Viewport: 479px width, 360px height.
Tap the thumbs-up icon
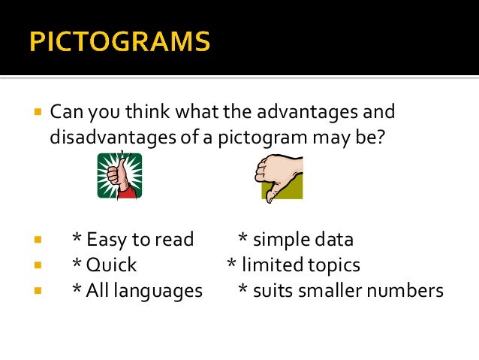[x=119, y=175]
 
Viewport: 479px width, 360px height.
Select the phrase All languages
[x=145, y=290]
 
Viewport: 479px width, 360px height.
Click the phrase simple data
[x=303, y=241]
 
